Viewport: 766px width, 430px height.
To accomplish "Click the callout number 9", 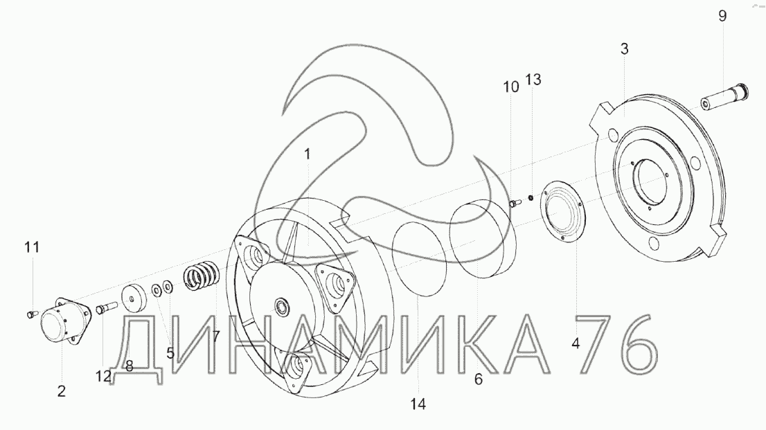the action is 722,16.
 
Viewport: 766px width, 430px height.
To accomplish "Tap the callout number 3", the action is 624,49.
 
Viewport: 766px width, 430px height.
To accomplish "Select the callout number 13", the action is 533,79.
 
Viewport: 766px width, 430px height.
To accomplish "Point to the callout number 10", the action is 511,87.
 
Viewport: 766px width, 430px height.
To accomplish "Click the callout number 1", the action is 308,154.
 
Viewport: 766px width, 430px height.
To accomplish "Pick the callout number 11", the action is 32,247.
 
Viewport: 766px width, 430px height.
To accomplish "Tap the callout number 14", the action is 418,404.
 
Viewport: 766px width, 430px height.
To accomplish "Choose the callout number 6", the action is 479,379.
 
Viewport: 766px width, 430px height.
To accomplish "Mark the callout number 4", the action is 576,343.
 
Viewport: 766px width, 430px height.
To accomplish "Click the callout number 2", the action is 61,391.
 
